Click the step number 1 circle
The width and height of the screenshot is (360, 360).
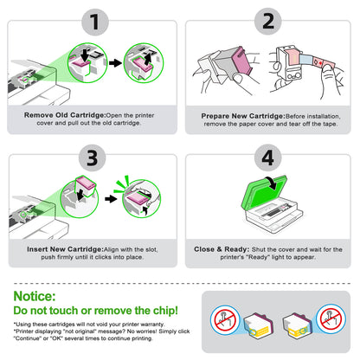[x=95, y=22]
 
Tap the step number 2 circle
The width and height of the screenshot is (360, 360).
[x=268, y=22]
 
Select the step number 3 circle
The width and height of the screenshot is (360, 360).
[x=93, y=157]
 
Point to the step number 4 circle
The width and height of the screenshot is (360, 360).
[x=268, y=157]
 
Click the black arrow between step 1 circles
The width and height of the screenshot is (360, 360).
[x=115, y=63]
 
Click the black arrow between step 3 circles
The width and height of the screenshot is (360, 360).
[x=111, y=199]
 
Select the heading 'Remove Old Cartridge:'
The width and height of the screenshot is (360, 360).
[x=65, y=115]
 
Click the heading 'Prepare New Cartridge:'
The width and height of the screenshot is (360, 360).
[x=243, y=116]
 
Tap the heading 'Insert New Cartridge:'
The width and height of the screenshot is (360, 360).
[x=65, y=249]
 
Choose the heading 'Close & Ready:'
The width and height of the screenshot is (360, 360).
[x=222, y=249]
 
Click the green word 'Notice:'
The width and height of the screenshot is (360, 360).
[x=35, y=296]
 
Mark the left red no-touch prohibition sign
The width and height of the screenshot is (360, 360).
[x=225, y=320]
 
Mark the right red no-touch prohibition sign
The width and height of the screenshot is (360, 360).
[x=331, y=318]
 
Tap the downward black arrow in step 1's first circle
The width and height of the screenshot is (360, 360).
[x=85, y=55]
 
